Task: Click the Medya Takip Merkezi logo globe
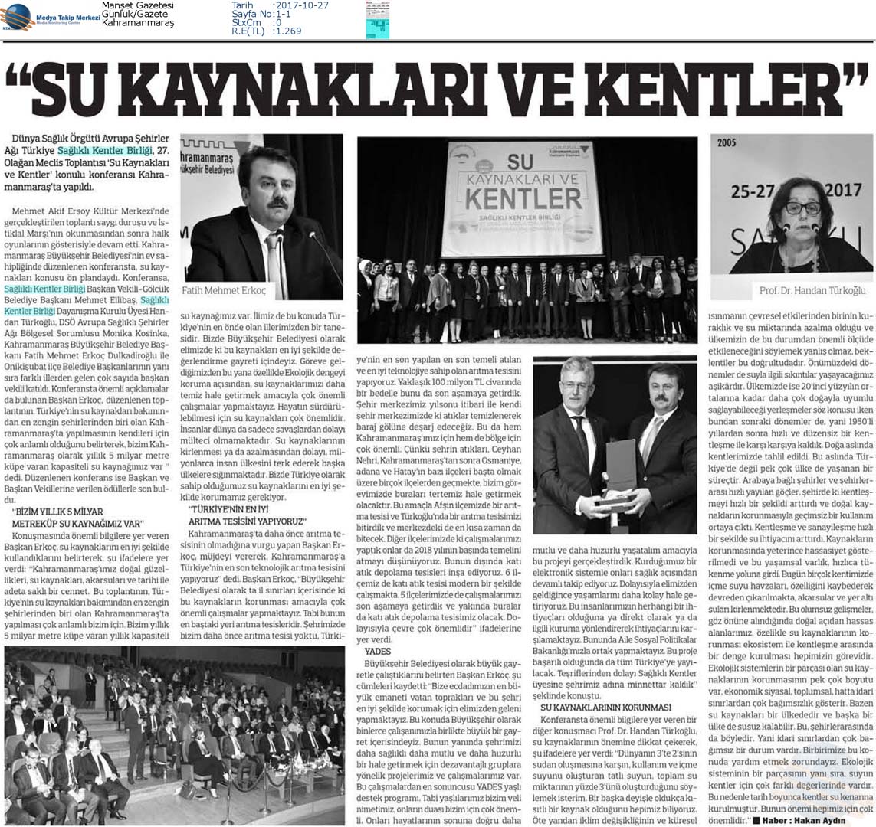coord(18,15)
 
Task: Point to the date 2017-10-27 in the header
coord(303,5)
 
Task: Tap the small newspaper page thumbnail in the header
coord(377,20)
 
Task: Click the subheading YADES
coord(378,651)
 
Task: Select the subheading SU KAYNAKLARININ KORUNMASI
coord(605,706)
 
